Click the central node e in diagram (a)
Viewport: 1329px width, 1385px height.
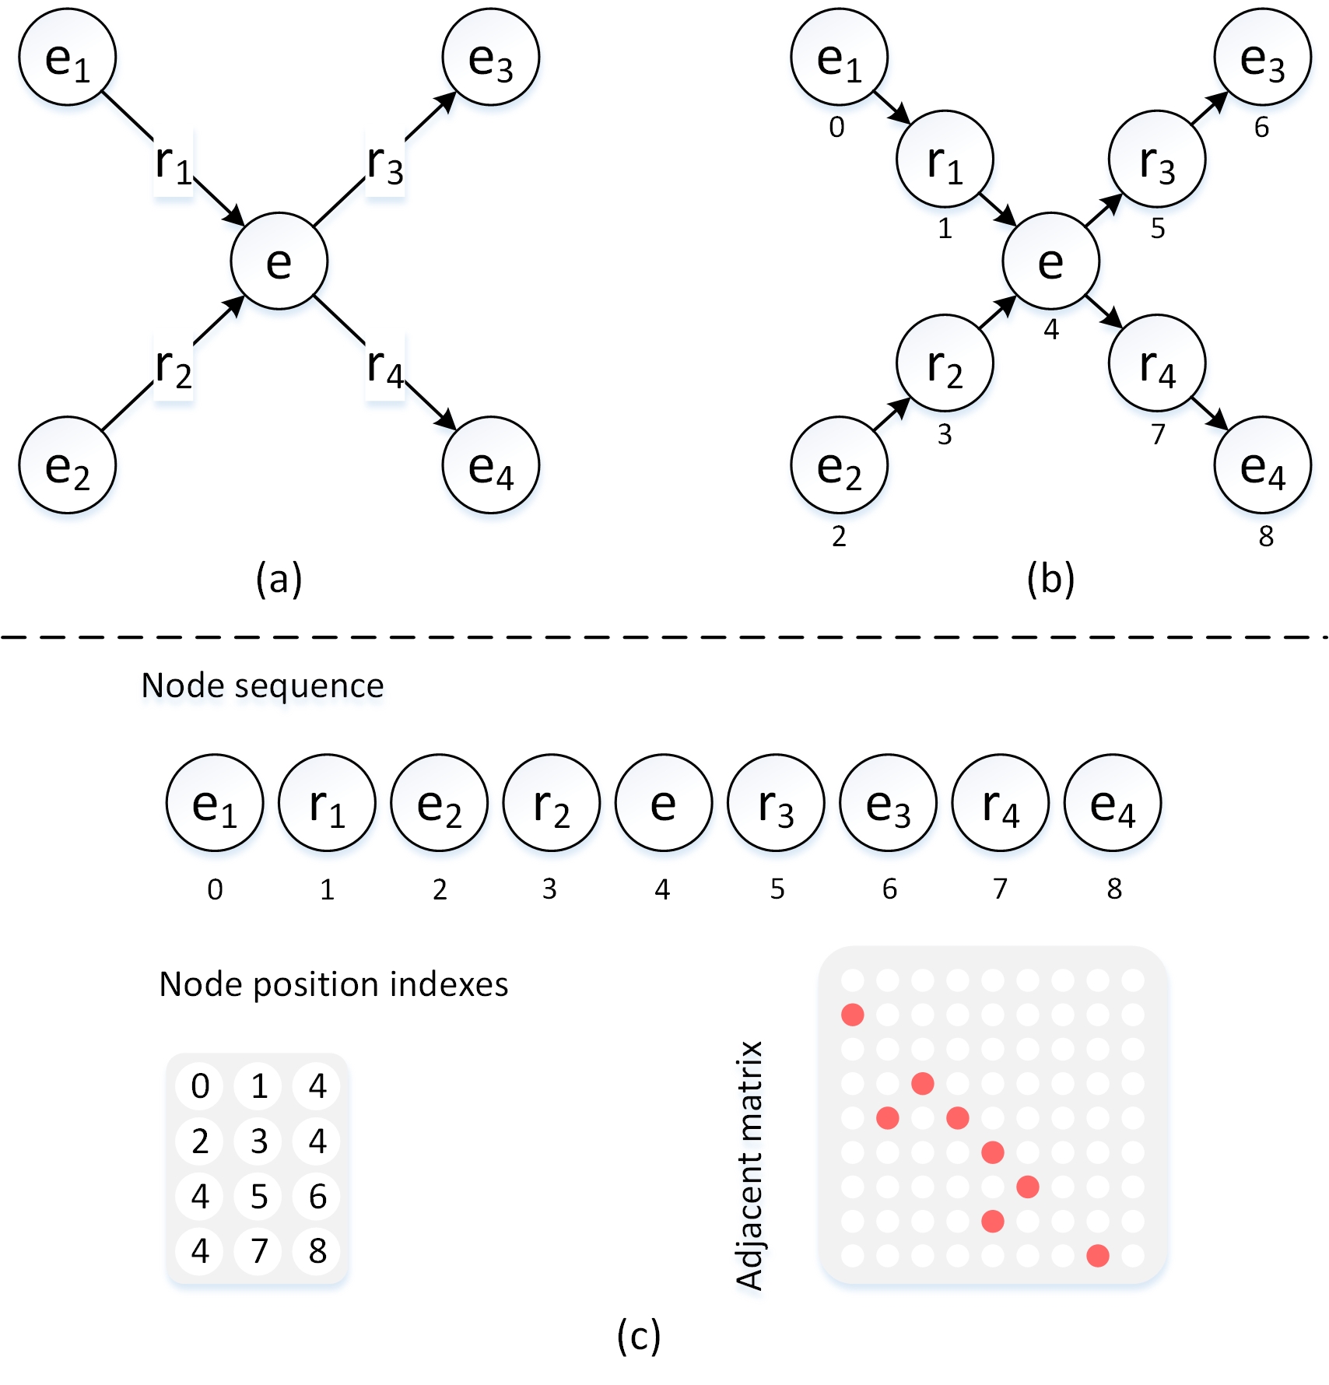[x=279, y=261]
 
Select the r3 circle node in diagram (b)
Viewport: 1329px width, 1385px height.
[x=1156, y=160]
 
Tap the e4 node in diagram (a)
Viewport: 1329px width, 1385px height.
[x=490, y=465]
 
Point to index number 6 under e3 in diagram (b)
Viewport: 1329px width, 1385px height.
[x=1261, y=127]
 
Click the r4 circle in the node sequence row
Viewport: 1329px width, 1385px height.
[x=1000, y=803]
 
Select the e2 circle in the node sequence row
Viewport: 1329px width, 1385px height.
[x=439, y=803]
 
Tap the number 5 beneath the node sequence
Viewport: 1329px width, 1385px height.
[x=777, y=889]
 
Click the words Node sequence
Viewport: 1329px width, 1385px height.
[x=262, y=685]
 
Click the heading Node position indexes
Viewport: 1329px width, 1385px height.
[x=333, y=984]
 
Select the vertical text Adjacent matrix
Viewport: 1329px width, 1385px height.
[x=749, y=1165]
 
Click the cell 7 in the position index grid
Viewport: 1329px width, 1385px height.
[x=259, y=1251]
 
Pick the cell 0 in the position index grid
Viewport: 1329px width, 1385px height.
[x=200, y=1085]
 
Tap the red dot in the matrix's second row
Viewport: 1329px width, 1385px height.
[x=853, y=1015]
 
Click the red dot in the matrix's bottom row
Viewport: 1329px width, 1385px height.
[x=1097, y=1255]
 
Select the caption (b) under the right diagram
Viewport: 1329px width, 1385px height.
[x=1050, y=580]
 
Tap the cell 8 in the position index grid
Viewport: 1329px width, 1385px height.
[x=317, y=1251]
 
